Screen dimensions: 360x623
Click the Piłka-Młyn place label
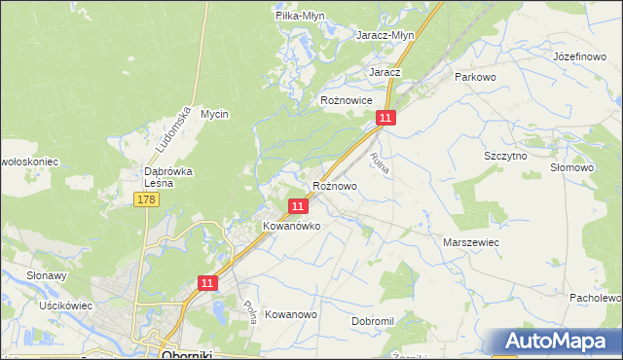(299, 17)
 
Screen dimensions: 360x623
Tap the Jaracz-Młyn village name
(385, 34)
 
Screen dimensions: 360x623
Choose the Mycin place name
(214, 114)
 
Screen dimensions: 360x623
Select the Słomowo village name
(571, 167)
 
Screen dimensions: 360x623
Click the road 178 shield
(146, 199)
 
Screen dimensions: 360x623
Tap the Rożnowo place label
(334, 185)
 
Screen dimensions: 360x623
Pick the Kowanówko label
(292, 226)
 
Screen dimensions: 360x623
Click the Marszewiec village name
(471, 241)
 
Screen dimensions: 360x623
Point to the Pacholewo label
(596, 297)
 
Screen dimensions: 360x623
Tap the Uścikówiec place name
(65, 306)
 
